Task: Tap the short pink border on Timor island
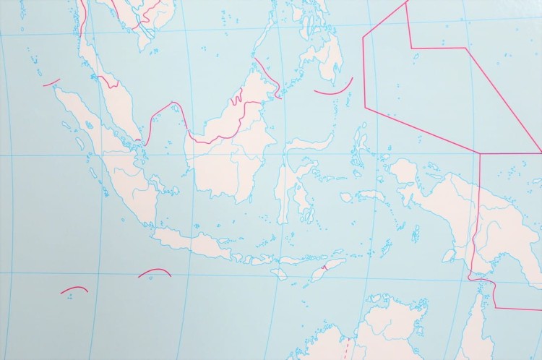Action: point(326,267)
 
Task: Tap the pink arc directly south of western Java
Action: point(154,272)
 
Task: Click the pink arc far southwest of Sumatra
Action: point(74,289)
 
